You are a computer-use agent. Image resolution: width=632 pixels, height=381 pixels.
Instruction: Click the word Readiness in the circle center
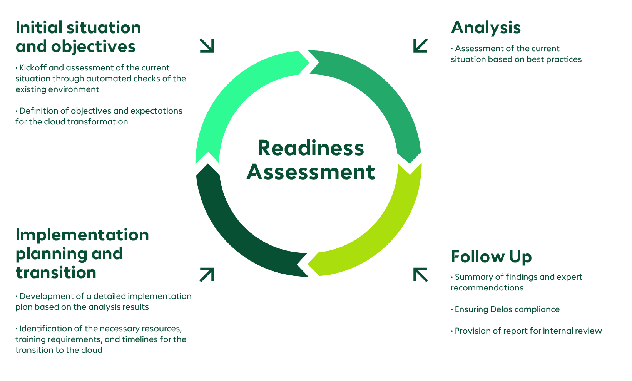(x=310, y=148)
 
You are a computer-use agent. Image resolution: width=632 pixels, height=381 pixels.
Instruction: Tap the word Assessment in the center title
(x=310, y=172)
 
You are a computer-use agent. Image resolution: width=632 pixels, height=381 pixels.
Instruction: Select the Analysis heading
(x=486, y=28)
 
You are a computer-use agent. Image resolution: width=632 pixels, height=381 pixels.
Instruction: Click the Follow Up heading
(x=491, y=257)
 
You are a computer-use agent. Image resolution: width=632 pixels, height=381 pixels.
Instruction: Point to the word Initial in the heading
(x=38, y=28)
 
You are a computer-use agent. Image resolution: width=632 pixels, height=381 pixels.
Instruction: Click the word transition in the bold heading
(x=56, y=273)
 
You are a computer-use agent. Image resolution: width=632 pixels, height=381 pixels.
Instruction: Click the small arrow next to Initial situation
(x=207, y=45)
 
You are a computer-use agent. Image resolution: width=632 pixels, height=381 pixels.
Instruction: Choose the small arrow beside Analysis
(x=420, y=45)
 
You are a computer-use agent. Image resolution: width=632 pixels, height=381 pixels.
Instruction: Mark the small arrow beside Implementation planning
(x=207, y=275)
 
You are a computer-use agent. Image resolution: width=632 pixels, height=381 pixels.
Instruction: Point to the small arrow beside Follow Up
(x=420, y=275)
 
